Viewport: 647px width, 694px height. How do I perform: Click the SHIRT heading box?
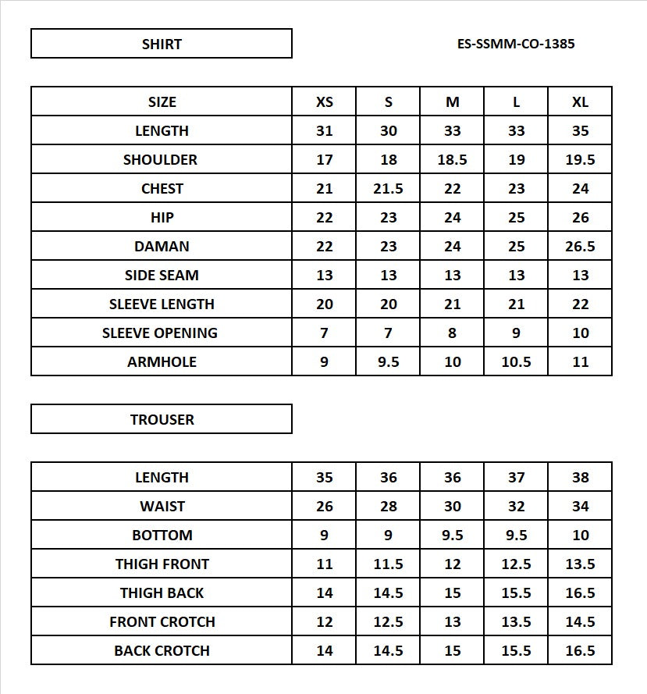pyautogui.click(x=162, y=44)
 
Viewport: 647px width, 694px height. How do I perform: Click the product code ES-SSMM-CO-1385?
pyautogui.click(x=516, y=44)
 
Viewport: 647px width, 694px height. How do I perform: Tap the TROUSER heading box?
pyautogui.click(x=162, y=419)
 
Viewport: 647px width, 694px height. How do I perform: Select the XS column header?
pyautogui.click(x=325, y=102)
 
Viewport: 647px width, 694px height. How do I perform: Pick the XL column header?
pyautogui.click(x=580, y=102)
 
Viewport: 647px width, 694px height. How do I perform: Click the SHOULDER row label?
pyautogui.click(x=162, y=160)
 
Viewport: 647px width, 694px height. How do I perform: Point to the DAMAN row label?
pyautogui.click(x=162, y=247)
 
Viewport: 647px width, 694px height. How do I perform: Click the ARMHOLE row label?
pyautogui.click(x=162, y=362)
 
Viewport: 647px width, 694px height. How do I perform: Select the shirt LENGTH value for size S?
pyautogui.click(x=389, y=131)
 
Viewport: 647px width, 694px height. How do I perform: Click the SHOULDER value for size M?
pyautogui.click(x=453, y=160)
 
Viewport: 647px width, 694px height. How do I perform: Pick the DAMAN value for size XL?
pyautogui.click(x=580, y=247)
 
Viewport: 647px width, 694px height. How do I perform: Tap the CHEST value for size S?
pyautogui.click(x=389, y=189)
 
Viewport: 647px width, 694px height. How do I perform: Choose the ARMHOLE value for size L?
pyautogui.click(x=517, y=362)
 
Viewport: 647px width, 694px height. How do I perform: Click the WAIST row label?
pyautogui.click(x=162, y=507)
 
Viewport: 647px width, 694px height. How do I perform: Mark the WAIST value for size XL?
pyautogui.click(x=580, y=507)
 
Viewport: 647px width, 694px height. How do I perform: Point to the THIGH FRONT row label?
pyautogui.click(x=162, y=564)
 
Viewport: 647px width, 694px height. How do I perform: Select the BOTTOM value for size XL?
pyautogui.click(x=580, y=536)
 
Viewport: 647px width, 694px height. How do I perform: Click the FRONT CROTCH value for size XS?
pyautogui.click(x=325, y=622)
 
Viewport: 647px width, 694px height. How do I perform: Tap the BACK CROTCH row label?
pyautogui.click(x=162, y=651)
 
